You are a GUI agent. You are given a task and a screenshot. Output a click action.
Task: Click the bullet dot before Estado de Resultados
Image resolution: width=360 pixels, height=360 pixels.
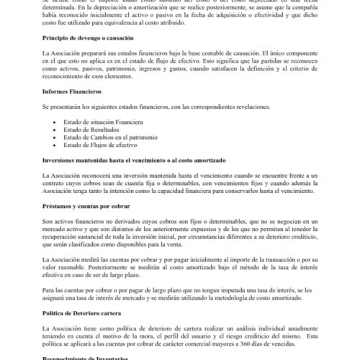(x=55, y=132)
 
